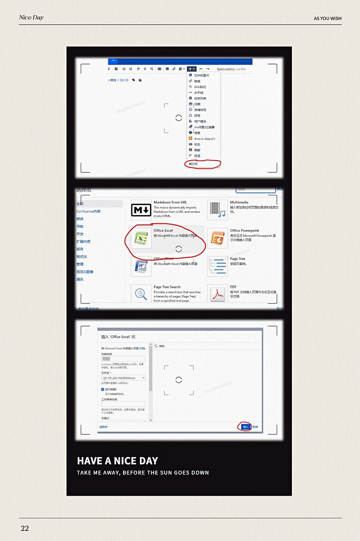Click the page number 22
(25, 528)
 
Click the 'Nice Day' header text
(31, 17)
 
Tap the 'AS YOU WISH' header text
(327, 18)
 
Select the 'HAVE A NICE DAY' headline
(117, 461)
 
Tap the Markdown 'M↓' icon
(141, 210)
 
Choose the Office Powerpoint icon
(217, 239)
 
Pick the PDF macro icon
(217, 294)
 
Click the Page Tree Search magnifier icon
(141, 294)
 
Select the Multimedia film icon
(217, 210)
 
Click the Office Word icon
(141, 266)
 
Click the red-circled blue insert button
(245, 426)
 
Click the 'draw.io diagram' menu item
(204, 138)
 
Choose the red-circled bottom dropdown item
(194, 164)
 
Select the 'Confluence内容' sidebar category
(88, 211)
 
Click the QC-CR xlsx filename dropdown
(123, 378)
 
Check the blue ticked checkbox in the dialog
(103, 389)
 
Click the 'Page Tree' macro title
(238, 259)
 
